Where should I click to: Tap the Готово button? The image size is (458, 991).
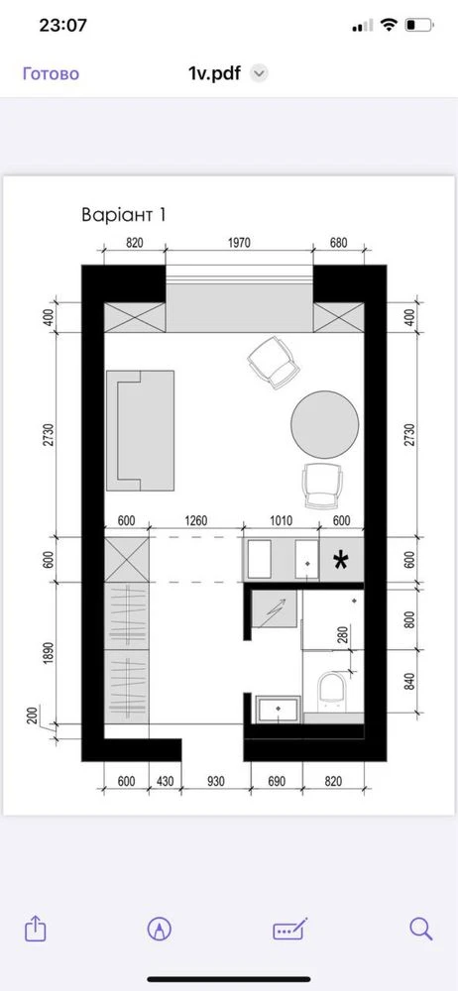coord(52,73)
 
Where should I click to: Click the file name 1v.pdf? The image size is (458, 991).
coord(214,73)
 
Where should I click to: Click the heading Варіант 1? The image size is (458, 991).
coord(124,215)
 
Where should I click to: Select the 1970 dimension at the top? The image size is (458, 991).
coord(240,242)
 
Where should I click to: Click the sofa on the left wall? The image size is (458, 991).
coord(140,430)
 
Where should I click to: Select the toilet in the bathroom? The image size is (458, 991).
coord(333,690)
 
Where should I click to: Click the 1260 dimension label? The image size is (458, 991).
coord(196,521)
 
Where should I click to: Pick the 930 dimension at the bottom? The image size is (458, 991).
coord(215,782)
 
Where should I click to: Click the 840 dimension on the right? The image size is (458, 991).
coord(409,682)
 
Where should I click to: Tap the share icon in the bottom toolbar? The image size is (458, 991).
coord(36,929)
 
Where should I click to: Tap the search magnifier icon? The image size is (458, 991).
coord(420,929)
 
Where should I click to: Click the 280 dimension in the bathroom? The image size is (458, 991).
coord(342,634)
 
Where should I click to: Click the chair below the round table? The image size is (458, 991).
coord(324,486)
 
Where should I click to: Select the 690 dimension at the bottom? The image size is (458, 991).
coord(277,782)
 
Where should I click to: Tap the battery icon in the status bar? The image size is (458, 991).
coord(419,26)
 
